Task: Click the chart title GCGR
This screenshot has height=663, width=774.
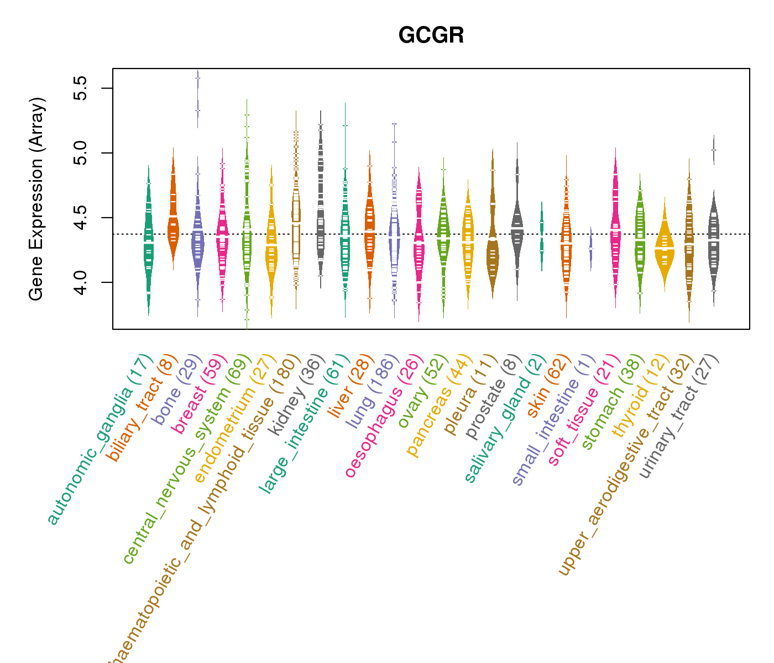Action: [x=431, y=36]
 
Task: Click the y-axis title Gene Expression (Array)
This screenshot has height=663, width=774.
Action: [x=36, y=199]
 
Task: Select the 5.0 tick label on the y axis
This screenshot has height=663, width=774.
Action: [x=81, y=153]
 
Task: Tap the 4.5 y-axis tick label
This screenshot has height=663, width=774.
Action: [x=81, y=218]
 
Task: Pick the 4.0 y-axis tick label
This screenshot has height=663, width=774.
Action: [x=81, y=282]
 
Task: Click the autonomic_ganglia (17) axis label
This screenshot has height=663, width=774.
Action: [x=100, y=439]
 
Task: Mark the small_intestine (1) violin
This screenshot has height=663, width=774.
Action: [x=590, y=249]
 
